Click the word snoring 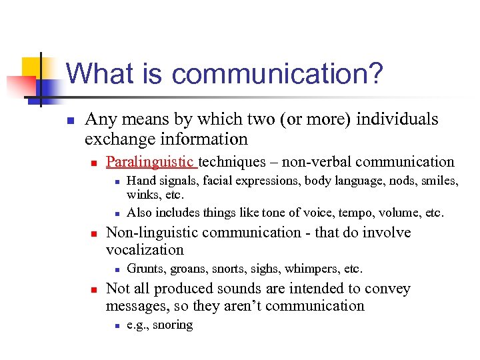[x=173, y=325]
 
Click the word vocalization [x=145, y=250]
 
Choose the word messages [x=133, y=306]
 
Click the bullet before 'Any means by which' [x=70, y=121]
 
